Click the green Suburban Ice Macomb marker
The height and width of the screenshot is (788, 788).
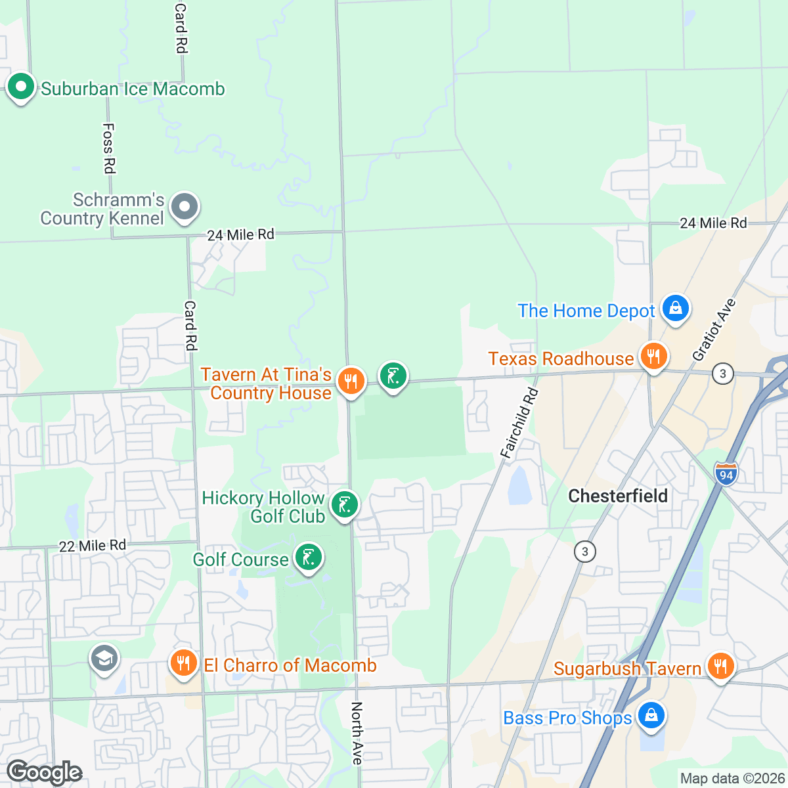21,87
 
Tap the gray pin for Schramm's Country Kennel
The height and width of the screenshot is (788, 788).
185,207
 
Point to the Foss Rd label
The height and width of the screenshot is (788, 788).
109,148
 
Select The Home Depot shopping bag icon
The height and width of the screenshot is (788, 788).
675,307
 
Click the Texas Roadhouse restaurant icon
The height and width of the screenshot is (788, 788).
653,357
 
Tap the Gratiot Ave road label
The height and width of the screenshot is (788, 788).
714,329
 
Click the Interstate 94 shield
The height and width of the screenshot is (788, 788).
726,473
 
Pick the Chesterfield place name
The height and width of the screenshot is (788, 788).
618,496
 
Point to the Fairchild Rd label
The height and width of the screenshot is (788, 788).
519,423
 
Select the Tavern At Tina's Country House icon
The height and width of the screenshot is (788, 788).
351,380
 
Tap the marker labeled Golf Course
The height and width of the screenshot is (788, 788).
308,558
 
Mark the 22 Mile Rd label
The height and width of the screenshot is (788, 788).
93,546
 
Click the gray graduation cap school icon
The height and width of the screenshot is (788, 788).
104,657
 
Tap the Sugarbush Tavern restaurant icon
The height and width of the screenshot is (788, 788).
720,666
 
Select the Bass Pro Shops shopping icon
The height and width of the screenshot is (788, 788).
650,715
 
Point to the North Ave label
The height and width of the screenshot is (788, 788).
357,733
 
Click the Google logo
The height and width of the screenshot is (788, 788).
45,773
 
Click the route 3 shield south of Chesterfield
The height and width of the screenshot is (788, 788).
584,551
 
